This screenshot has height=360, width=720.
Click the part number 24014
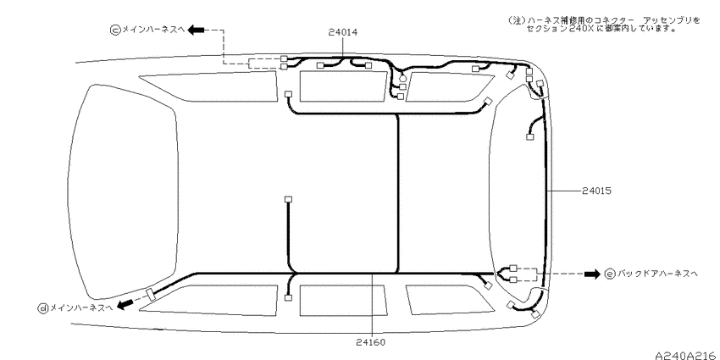click(x=343, y=32)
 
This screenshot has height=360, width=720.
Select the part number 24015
click(x=596, y=190)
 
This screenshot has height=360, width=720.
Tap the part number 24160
click(x=370, y=342)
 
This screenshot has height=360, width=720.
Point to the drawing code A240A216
click(x=685, y=356)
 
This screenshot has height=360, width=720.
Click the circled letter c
click(x=115, y=30)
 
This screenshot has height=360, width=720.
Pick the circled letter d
click(x=42, y=308)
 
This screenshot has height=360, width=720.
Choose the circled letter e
click(x=610, y=274)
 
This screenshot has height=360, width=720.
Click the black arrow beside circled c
click(x=197, y=30)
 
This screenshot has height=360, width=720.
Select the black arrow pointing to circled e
click(x=592, y=274)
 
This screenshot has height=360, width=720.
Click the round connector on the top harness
click(x=402, y=79)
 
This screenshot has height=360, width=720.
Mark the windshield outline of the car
click(x=123, y=191)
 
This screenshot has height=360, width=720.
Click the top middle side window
click(x=343, y=86)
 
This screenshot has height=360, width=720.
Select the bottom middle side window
click(x=342, y=301)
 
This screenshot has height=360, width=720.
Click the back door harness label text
click(x=657, y=274)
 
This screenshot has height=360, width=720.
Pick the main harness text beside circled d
click(x=80, y=308)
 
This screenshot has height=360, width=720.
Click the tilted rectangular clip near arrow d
click(x=150, y=294)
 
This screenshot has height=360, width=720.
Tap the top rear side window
click(x=449, y=86)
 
